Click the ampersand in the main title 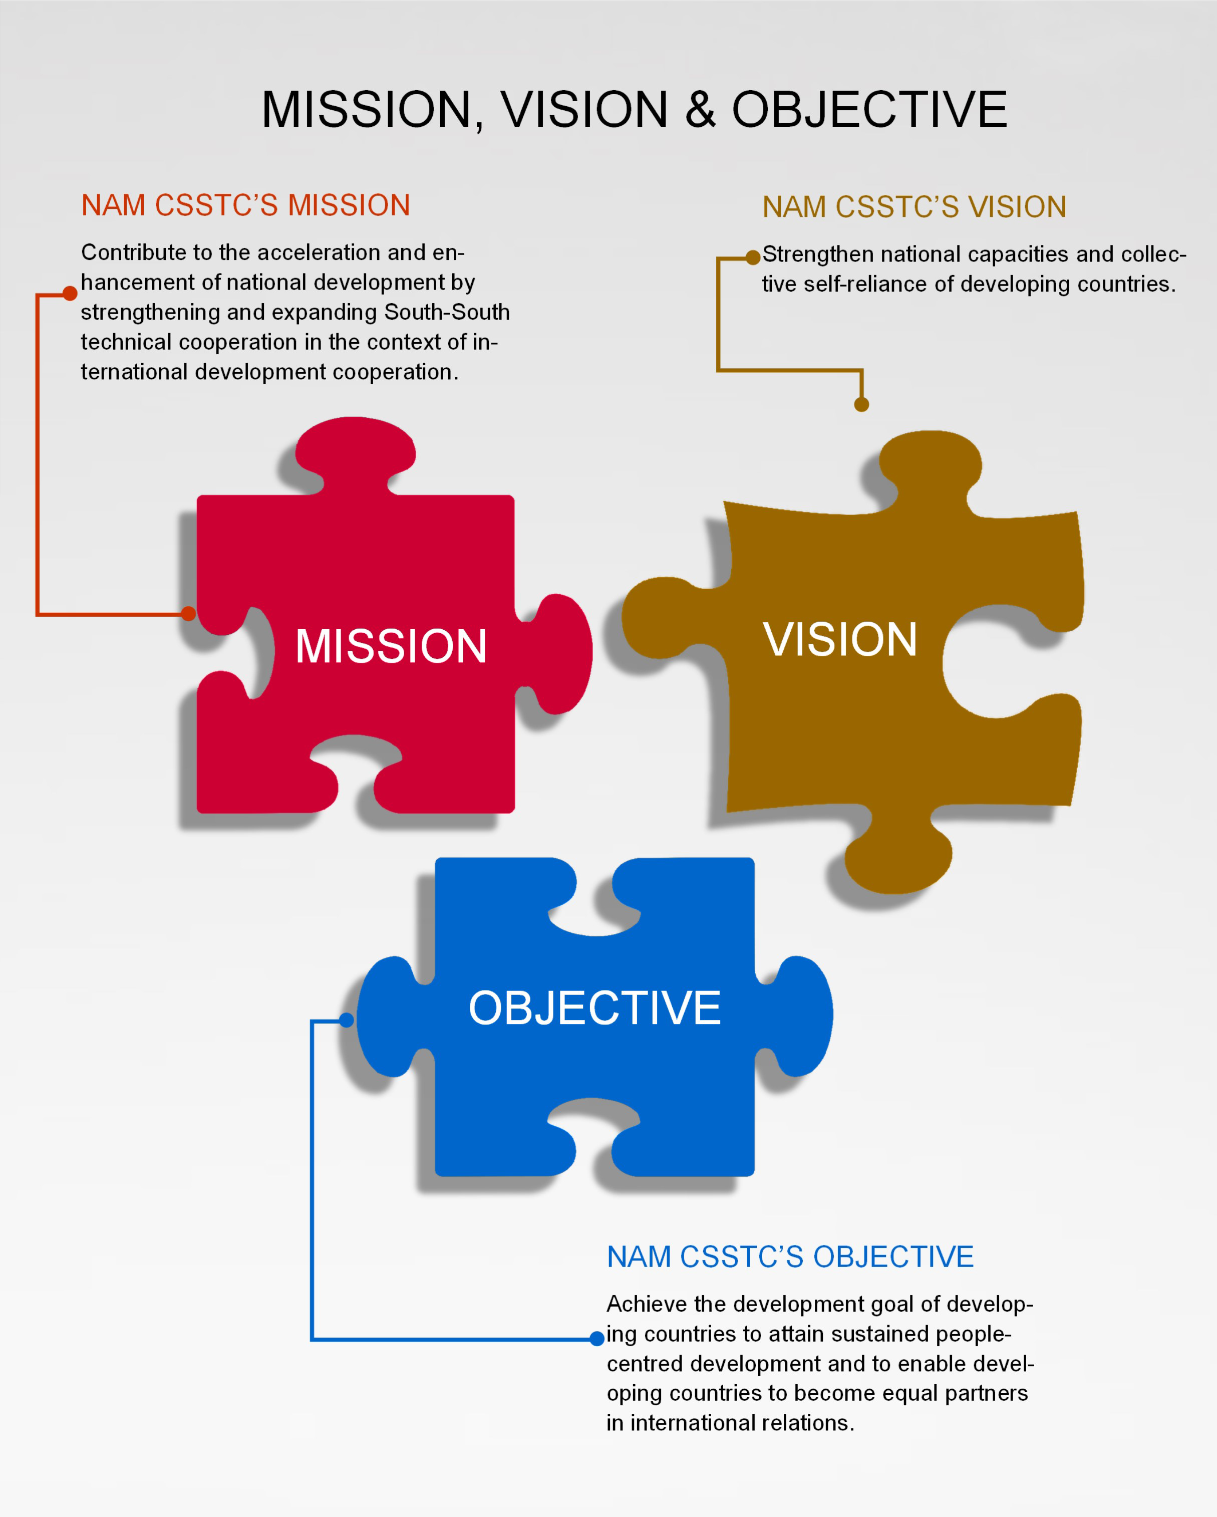click(x=700, y=110)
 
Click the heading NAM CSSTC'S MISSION click(x=245, y=205)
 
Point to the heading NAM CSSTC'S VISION click(x=915, y=207)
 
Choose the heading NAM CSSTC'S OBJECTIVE click(x=790, y=1256)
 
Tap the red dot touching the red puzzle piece click(x=188, y=614)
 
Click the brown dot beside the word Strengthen click(x=753, y=258)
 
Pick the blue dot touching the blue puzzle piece click(x=346, y=1020)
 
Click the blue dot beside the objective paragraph click(x=596, y=1338)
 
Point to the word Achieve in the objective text click(x=647, y=1304)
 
